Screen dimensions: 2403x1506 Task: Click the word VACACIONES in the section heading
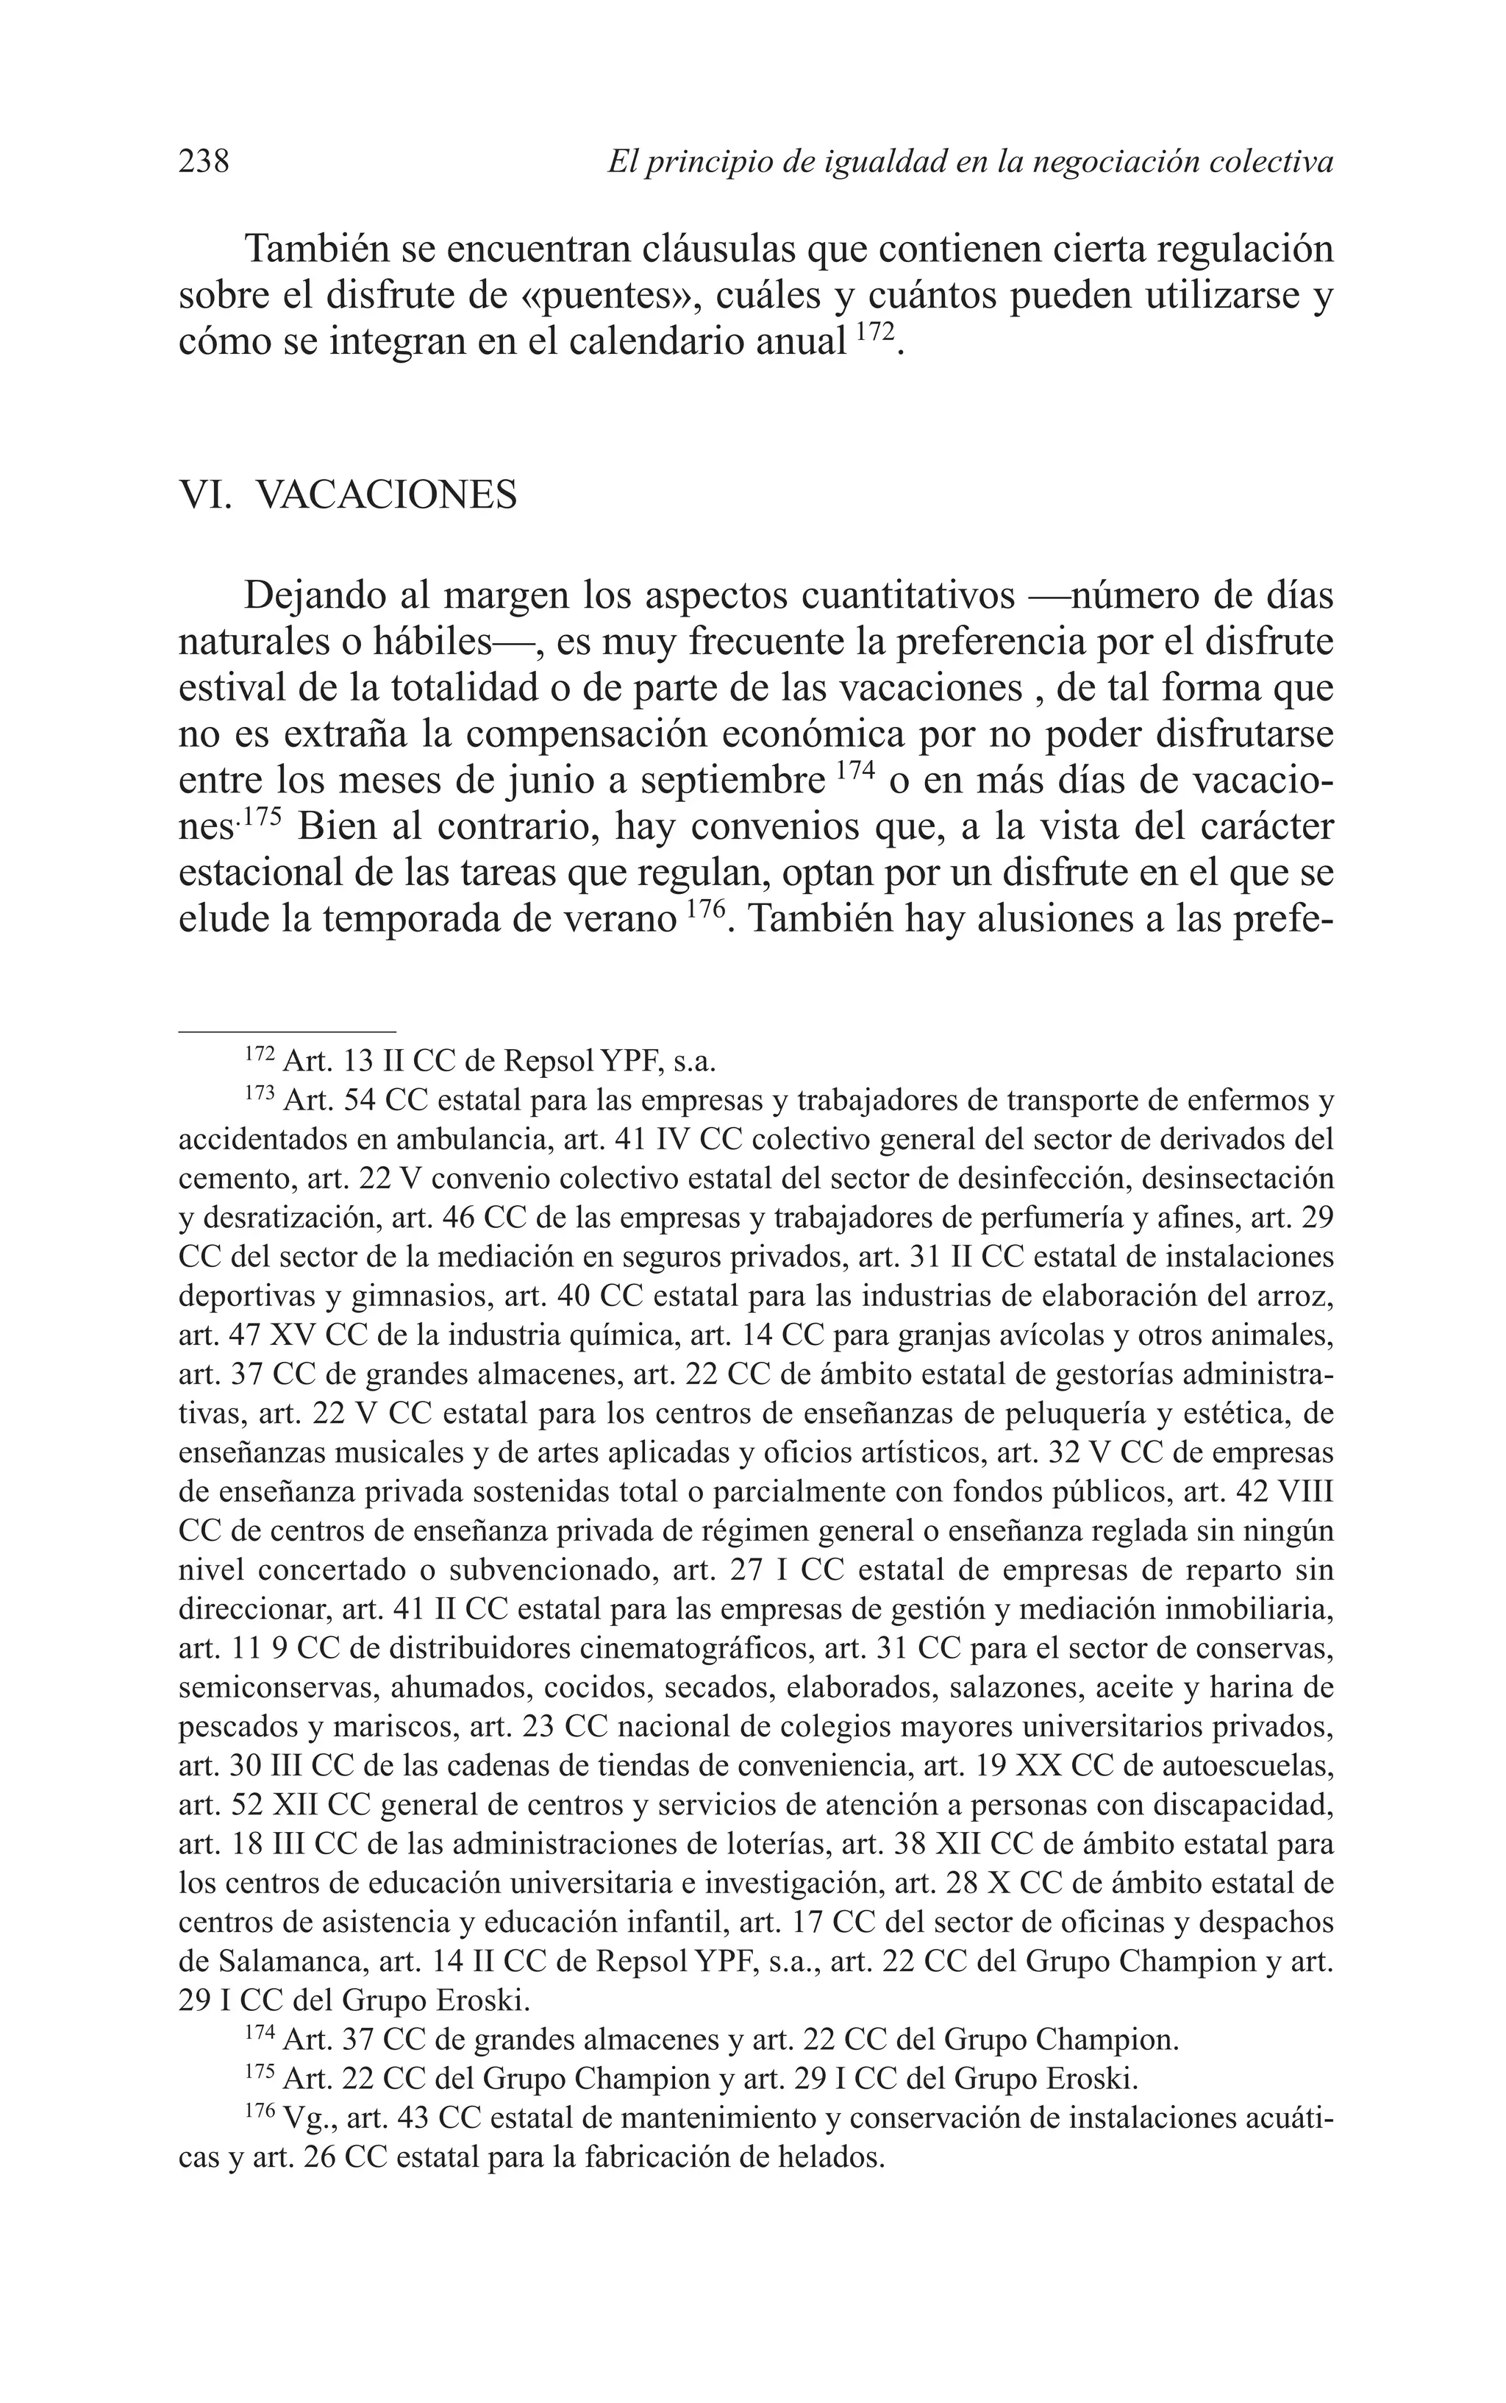pos(387,494)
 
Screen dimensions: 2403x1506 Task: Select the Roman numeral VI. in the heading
pos(204,494)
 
